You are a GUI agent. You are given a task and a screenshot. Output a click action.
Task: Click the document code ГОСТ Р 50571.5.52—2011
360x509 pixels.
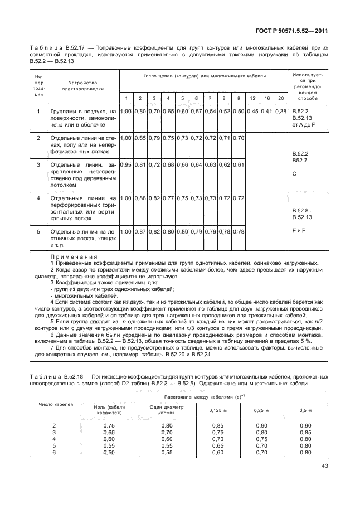click(299, 33)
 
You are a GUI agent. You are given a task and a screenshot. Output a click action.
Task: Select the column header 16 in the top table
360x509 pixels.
click(267, 98)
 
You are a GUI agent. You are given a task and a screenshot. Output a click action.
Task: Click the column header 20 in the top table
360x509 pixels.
click(281, 98)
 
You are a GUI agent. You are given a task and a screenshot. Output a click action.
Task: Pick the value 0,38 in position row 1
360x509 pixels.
click(281, 112)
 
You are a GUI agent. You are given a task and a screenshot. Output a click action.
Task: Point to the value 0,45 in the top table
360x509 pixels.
click(253, 112)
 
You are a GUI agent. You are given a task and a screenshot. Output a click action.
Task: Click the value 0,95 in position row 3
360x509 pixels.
click(126, 164)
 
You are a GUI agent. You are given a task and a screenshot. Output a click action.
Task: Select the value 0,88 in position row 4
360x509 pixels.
click(140, 198)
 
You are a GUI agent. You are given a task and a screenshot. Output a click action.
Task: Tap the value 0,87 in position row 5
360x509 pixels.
click(140, 231)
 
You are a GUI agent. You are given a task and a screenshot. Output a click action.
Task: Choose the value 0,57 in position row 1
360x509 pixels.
click(196, 112)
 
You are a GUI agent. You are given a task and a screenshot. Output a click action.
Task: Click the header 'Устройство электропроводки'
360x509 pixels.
click(84, 85)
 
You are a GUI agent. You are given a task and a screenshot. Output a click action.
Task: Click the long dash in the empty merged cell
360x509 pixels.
click(267, 190)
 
